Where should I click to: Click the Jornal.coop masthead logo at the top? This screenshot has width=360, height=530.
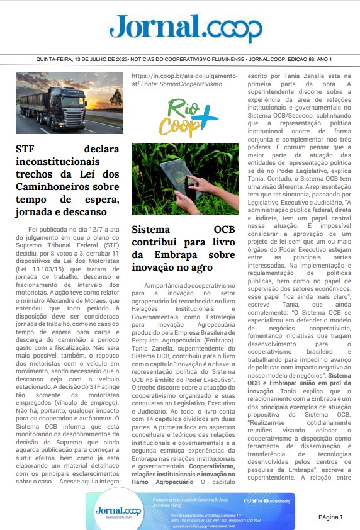pos(186,28)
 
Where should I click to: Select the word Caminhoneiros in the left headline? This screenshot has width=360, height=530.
pos(51,187)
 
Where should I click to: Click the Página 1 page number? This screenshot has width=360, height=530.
pos(330,517)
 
